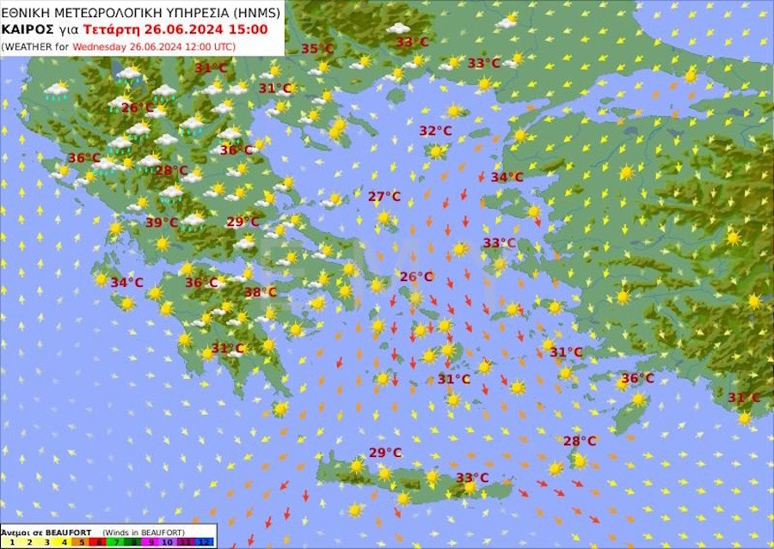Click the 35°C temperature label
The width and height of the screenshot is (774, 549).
(317, 49)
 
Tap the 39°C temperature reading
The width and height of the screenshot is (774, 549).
(161, 223)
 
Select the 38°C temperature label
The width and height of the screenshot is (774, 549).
(260, 292)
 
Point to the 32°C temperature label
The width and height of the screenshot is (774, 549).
(435, 131)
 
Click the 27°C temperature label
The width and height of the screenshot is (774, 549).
(384, 197)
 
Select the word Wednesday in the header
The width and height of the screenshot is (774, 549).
(100, 46)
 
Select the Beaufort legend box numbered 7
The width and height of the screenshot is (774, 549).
(115, 543)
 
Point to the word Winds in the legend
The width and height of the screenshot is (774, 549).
(117, 532)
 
